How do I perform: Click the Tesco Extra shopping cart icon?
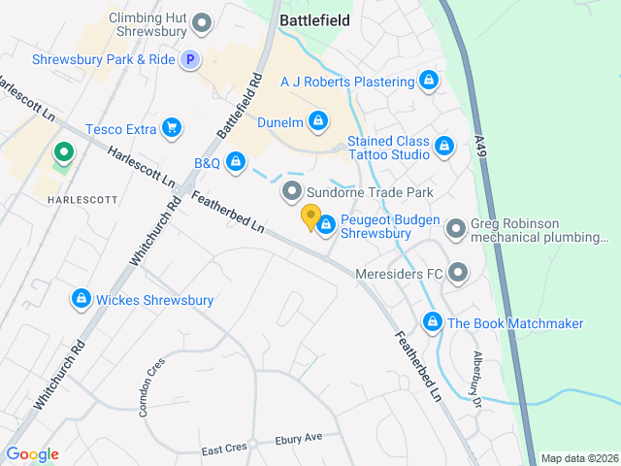172,127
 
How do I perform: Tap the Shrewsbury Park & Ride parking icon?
191,59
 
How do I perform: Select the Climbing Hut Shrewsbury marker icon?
203,21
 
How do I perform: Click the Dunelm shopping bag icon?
316,121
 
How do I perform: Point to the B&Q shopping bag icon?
235,162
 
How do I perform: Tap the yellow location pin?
310,217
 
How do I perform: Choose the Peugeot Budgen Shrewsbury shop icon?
326,226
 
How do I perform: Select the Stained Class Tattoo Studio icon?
443,147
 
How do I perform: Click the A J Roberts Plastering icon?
428,81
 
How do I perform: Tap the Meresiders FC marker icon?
458,273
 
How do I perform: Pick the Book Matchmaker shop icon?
433,322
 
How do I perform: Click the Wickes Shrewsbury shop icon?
82,299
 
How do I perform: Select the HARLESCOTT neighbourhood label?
82,199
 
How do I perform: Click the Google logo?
32,454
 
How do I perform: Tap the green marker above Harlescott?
64,153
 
